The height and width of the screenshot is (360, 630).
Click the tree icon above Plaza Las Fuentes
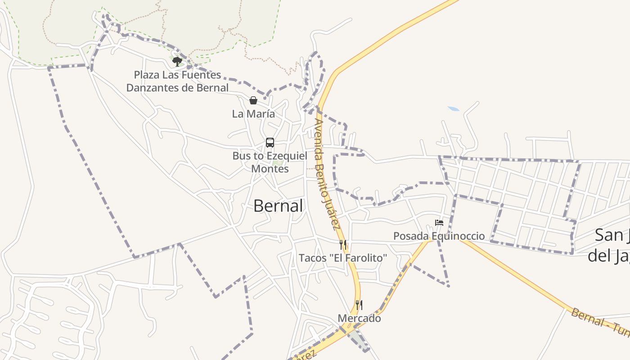pyautogui.click(x=177, y=61)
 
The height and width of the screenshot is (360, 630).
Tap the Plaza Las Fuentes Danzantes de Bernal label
pyautogui.click(x=177, y=81)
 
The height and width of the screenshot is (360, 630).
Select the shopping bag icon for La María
pyautogui.click(x=253, y=100)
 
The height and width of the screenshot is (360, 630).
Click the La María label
pyautogui.click(x=253, y=114)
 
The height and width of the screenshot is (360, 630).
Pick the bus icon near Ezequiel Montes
pyautogui.click(x=270, y=143)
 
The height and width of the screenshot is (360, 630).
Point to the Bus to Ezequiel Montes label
pyautogui.click(x=270, y=162)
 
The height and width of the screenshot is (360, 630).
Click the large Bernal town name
pyautogui.click(x=278, y=206)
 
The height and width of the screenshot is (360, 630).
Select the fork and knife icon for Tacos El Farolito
pyautogui.click(x=343, y=245)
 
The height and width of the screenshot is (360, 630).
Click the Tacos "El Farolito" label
pyautogui.click(x=343, y=258)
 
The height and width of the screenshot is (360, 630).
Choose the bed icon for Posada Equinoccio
pyautogui.click(x=439, y=223)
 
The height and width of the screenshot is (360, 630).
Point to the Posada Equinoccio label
pyautogui.click(x=439, y=236)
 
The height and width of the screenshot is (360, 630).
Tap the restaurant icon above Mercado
pyautogui.click(x=359, y=305)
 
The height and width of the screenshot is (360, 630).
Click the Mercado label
pyautogui.click(x=359, y=318)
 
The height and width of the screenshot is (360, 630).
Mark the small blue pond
pyautogui.click(x=454, y=109)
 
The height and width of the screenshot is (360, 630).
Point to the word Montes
pyautogui.click(x=270, y=169)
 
